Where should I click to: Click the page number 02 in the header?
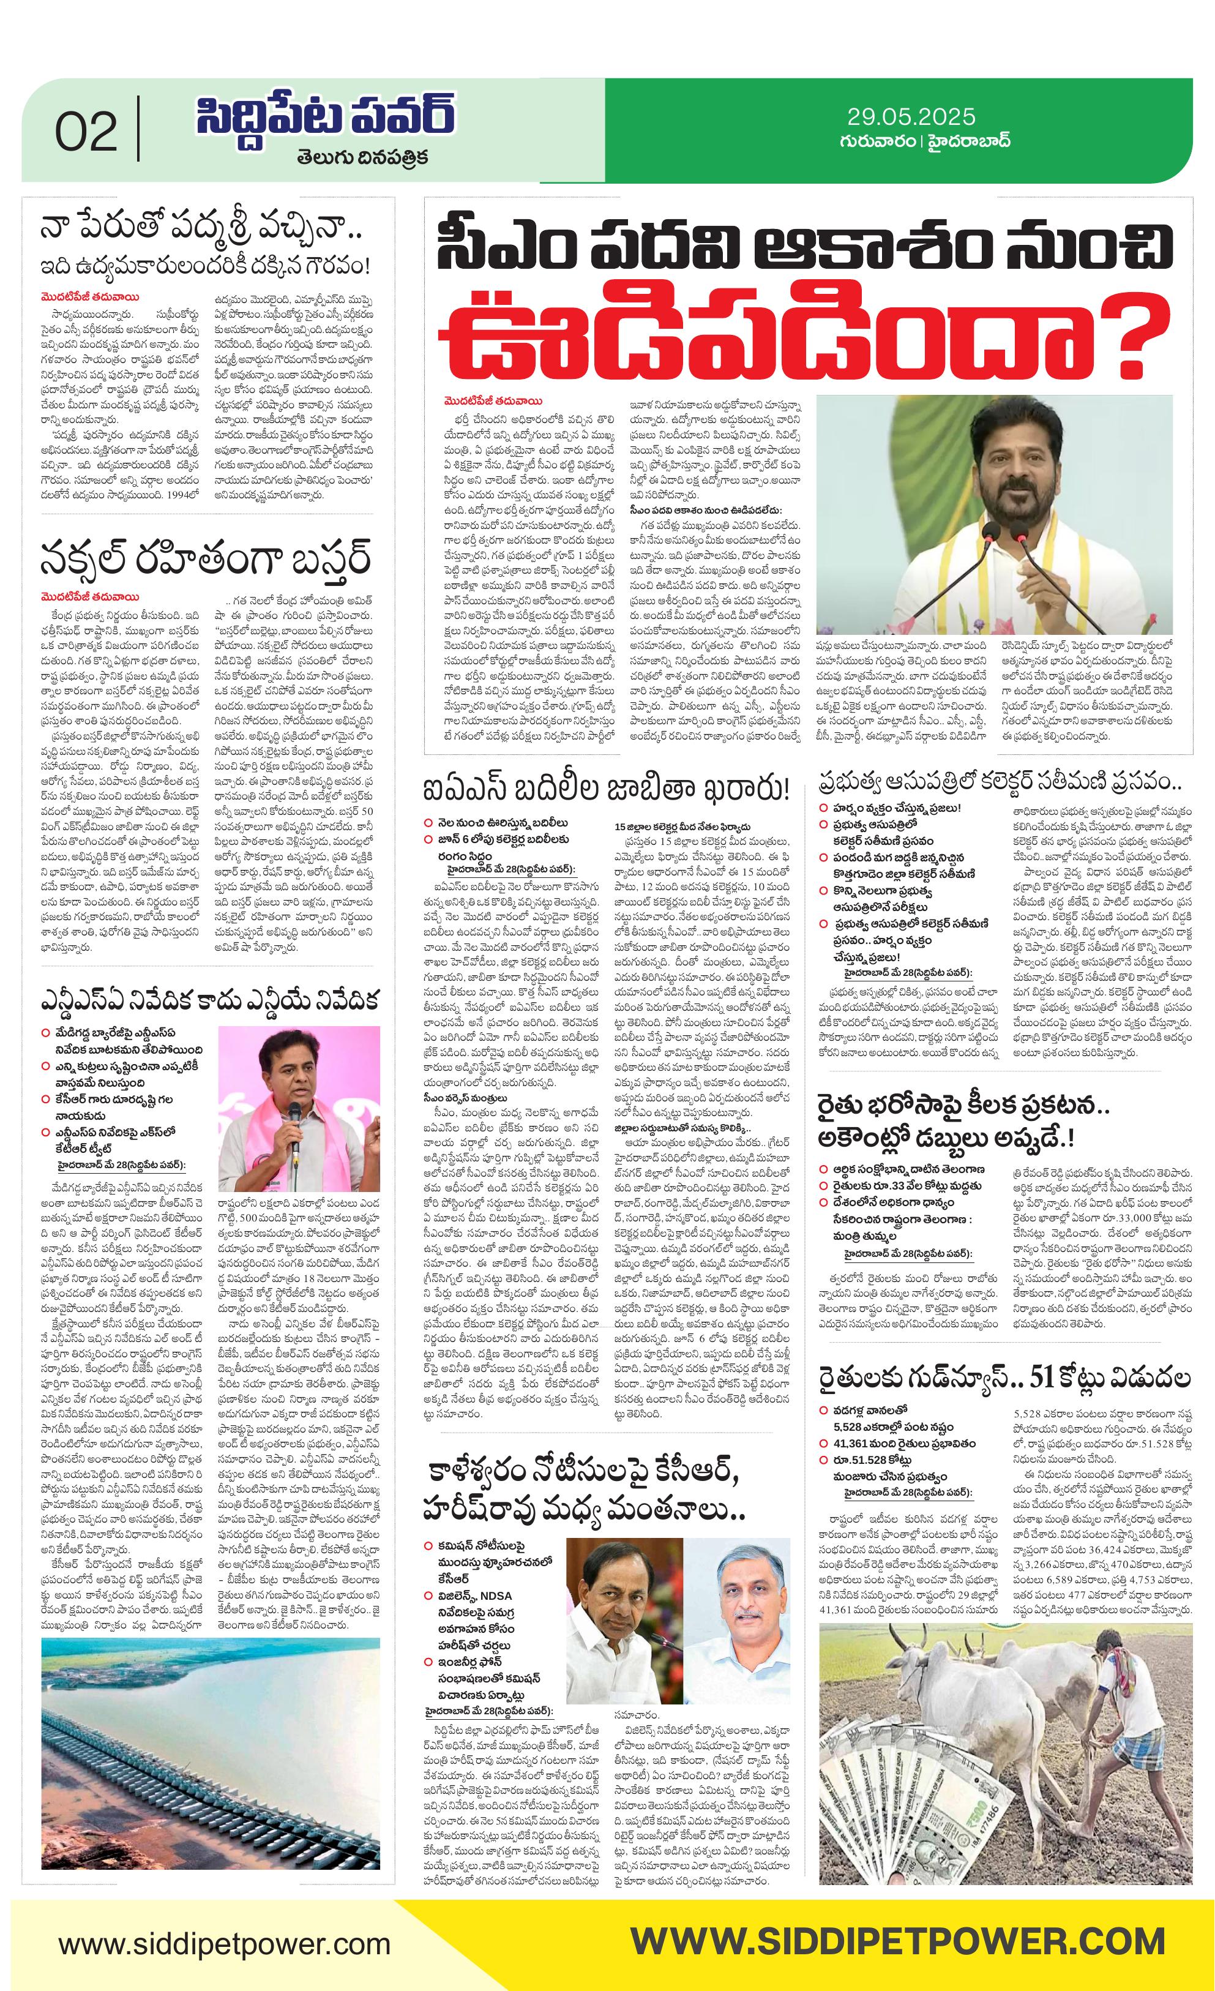pyautogui.click(x=86, y=132)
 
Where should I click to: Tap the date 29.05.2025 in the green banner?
pyautogui.click(x=911, y=117)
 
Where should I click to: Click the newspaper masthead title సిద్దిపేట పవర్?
pyautogui.click(x=325, y=117)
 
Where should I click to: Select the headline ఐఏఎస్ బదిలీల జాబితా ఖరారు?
pyautogui.click(x=606, y=789)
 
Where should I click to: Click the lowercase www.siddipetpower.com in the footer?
pyautogui.click(x=224, y=1943)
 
